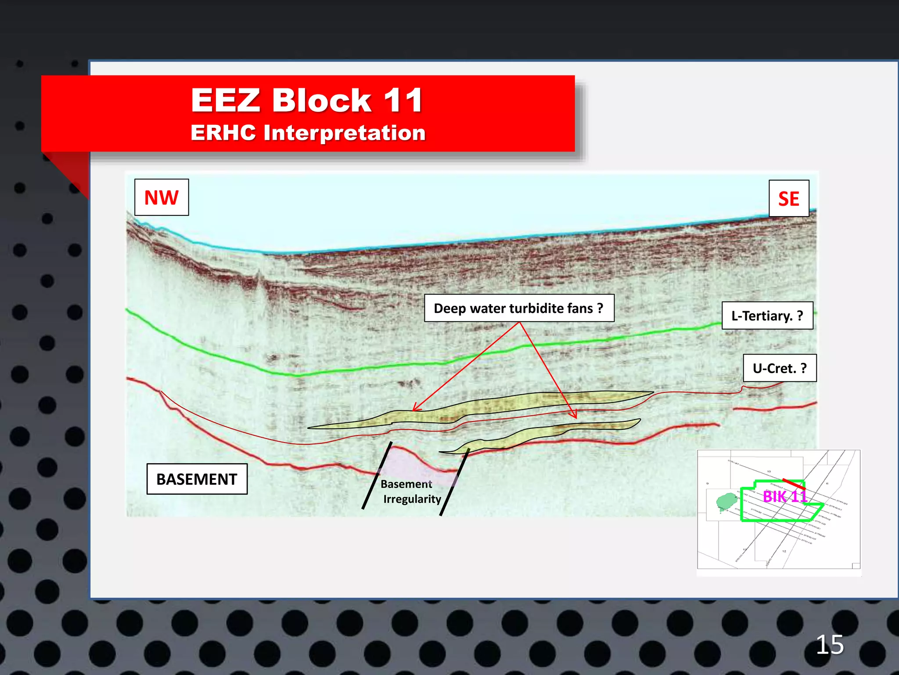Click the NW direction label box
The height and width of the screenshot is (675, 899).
[x=162, y=197]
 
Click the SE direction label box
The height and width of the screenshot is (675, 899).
[x=788, y=199]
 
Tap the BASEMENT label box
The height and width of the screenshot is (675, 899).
[x=197, y=479]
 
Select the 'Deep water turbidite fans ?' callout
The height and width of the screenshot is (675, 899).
[x=519, y=308]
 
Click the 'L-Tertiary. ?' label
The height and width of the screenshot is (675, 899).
[x=767, y=316]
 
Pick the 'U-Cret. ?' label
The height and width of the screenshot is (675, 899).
[x=780, y=368]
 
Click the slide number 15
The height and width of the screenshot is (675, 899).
[x=830, y=645]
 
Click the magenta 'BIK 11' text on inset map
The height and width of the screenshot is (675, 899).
[x=785, y=497]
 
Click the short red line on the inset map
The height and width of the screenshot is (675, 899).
[x=794, y=484]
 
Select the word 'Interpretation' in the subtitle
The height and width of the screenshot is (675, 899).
[x=344, y=133]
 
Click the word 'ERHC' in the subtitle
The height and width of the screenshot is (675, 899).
[x=223, y=133]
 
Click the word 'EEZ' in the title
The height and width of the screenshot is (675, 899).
[x=226, y=100]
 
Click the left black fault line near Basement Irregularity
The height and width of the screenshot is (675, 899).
[x=377, y=475]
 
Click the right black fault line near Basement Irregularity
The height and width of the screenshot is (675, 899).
[x=455, y=482]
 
